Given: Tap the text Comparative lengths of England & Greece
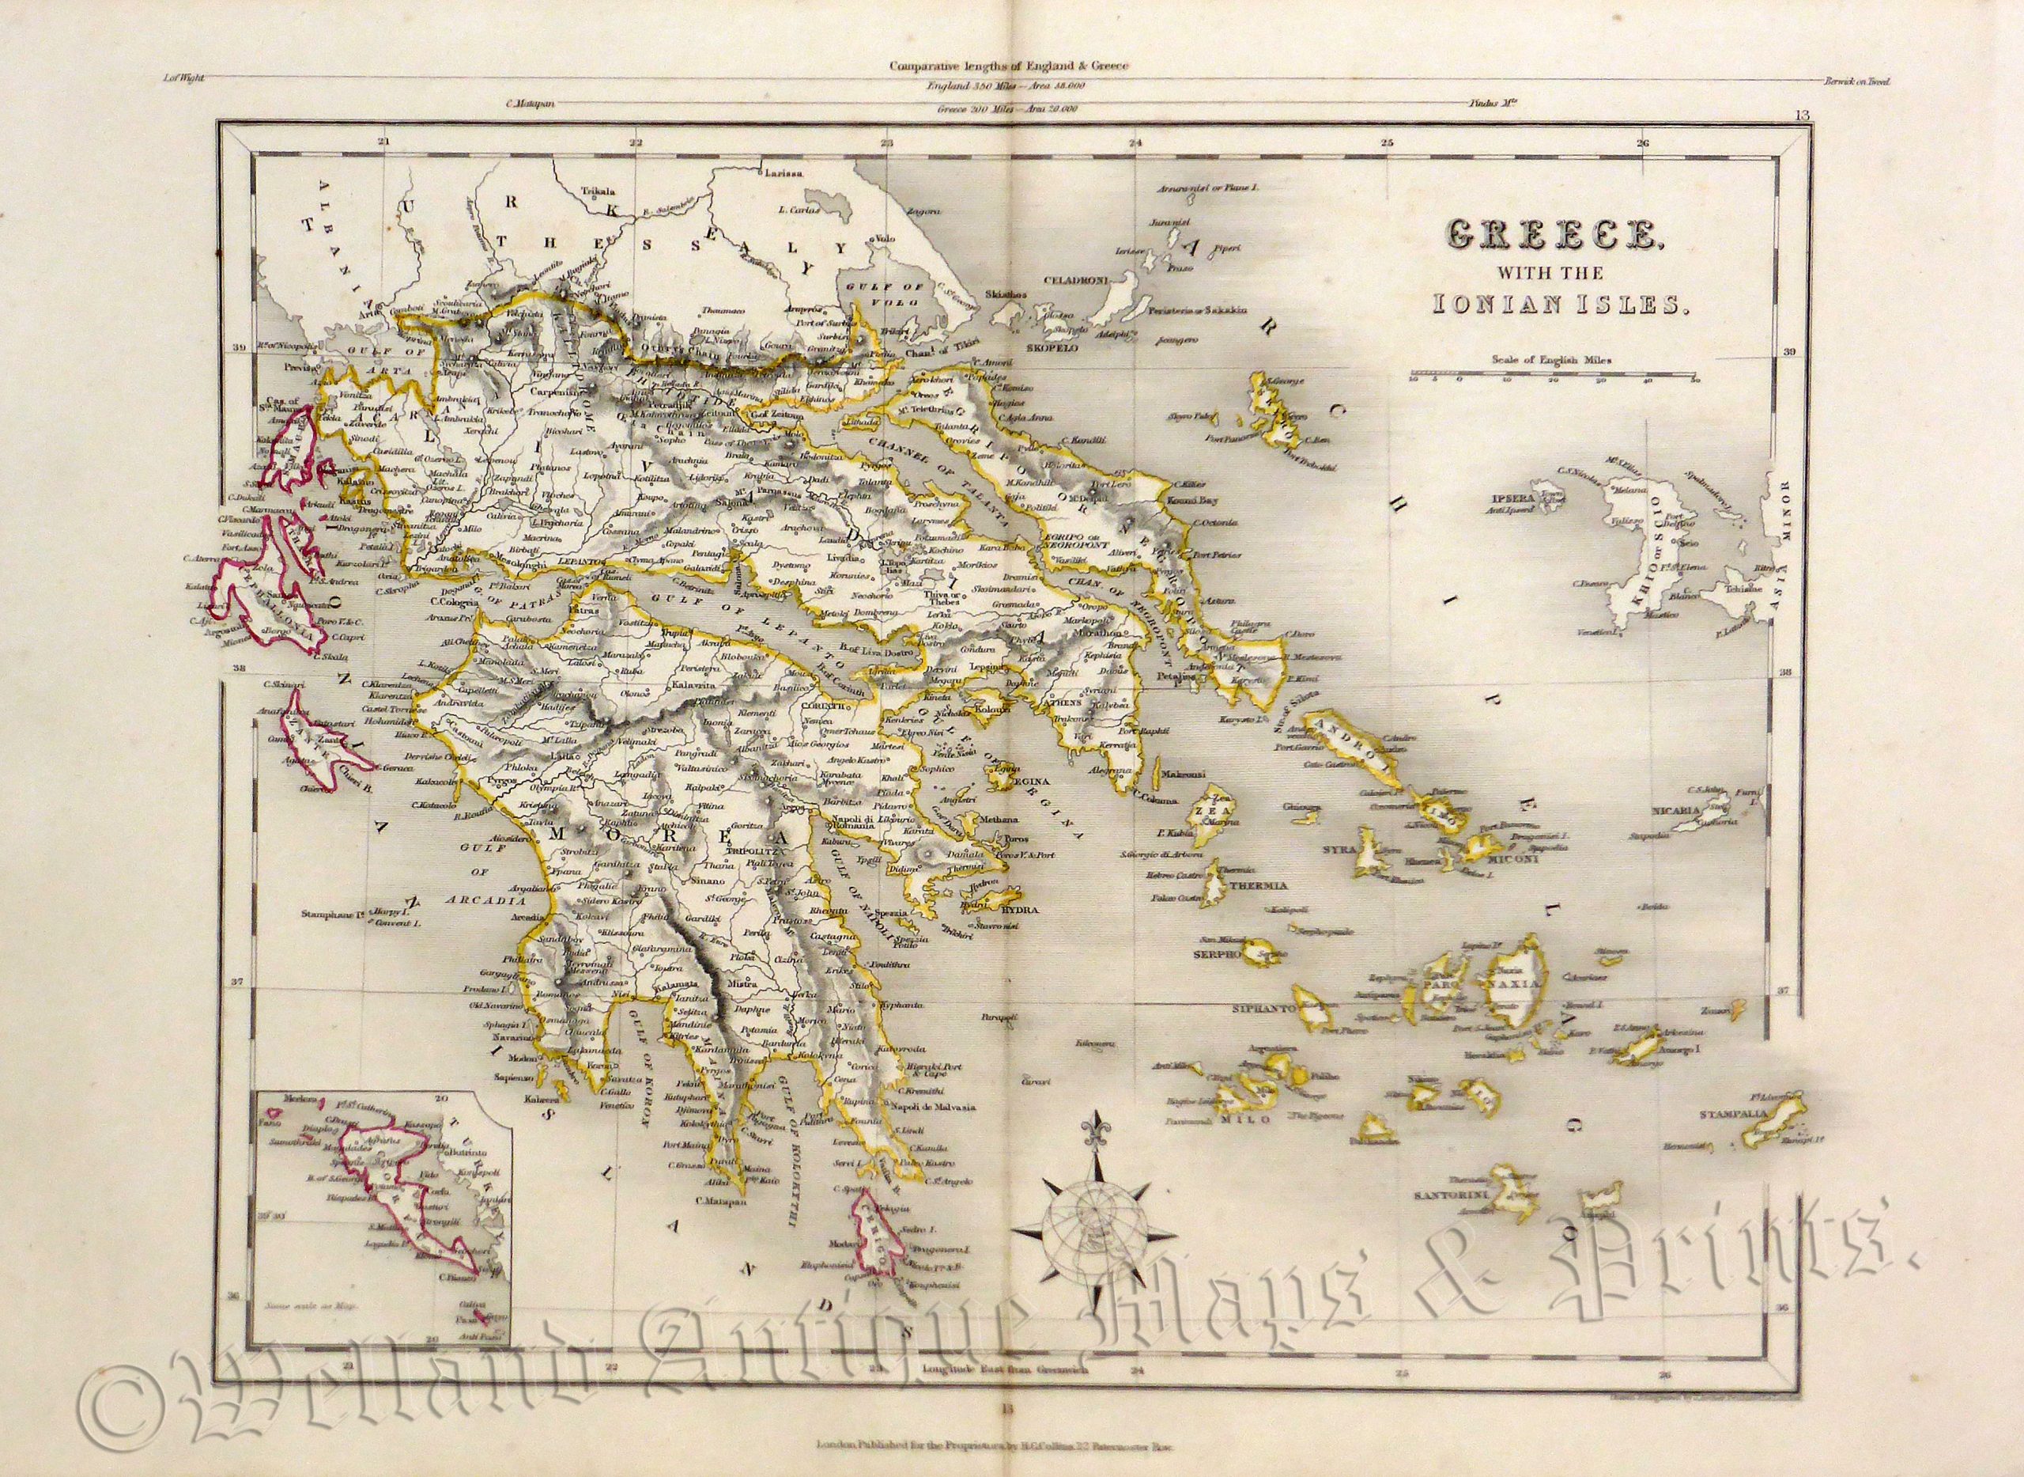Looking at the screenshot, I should [x=1010, y=66].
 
